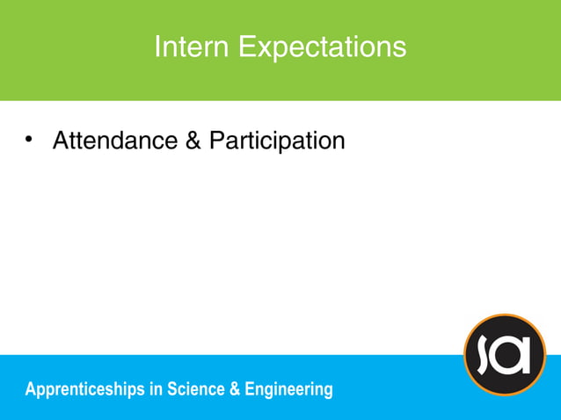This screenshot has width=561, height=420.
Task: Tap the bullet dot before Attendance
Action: (x=29, y=139)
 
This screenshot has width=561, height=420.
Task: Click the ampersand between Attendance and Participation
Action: (x=193, y=141)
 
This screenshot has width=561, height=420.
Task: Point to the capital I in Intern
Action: (x=157, y=47)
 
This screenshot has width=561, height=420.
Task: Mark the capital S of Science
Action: (x=172, y=388)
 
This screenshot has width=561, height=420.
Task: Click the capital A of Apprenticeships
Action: (x=32, y=388)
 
